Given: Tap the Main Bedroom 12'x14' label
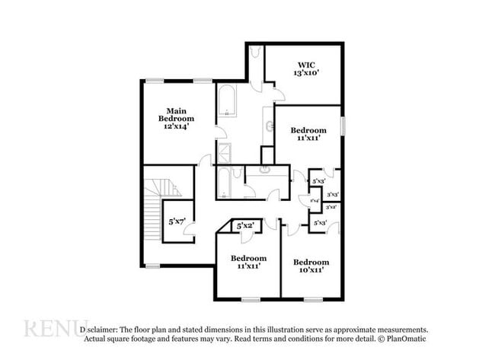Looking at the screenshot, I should tap(176, 119).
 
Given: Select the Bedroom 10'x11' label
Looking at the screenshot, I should tap(311, 266).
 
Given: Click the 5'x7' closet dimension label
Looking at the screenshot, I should tap(177, 221).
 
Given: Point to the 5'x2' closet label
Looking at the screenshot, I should tap(245, 226).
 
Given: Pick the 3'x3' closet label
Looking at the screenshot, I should tap(332, 195).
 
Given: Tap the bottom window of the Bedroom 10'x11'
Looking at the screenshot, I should tap(312, 298).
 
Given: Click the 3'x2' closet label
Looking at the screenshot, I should tap(332, 207).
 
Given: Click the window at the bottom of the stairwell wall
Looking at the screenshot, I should tap(153, 266).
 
